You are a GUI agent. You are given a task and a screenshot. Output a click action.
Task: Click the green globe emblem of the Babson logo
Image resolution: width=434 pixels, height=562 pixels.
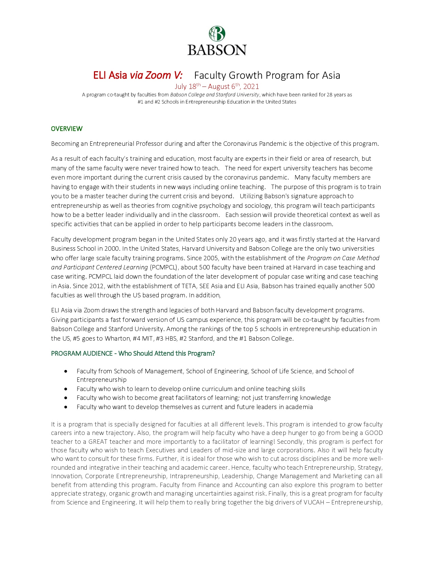point(217,34)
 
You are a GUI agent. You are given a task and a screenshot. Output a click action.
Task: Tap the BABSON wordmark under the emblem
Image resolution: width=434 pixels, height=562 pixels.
point(217,50)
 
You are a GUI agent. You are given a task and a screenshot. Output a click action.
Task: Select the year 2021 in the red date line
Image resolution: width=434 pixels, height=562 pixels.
point(251,87)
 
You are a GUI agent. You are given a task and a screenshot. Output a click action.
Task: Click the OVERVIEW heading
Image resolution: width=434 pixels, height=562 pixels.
point(67,129)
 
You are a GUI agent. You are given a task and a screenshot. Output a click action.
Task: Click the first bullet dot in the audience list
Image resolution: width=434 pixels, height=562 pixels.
point(66,371)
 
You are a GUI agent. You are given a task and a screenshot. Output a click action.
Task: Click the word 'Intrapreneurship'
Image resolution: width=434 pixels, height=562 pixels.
point(192,476)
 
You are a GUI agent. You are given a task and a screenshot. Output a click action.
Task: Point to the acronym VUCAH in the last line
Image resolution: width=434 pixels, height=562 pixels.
point(314,502)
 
